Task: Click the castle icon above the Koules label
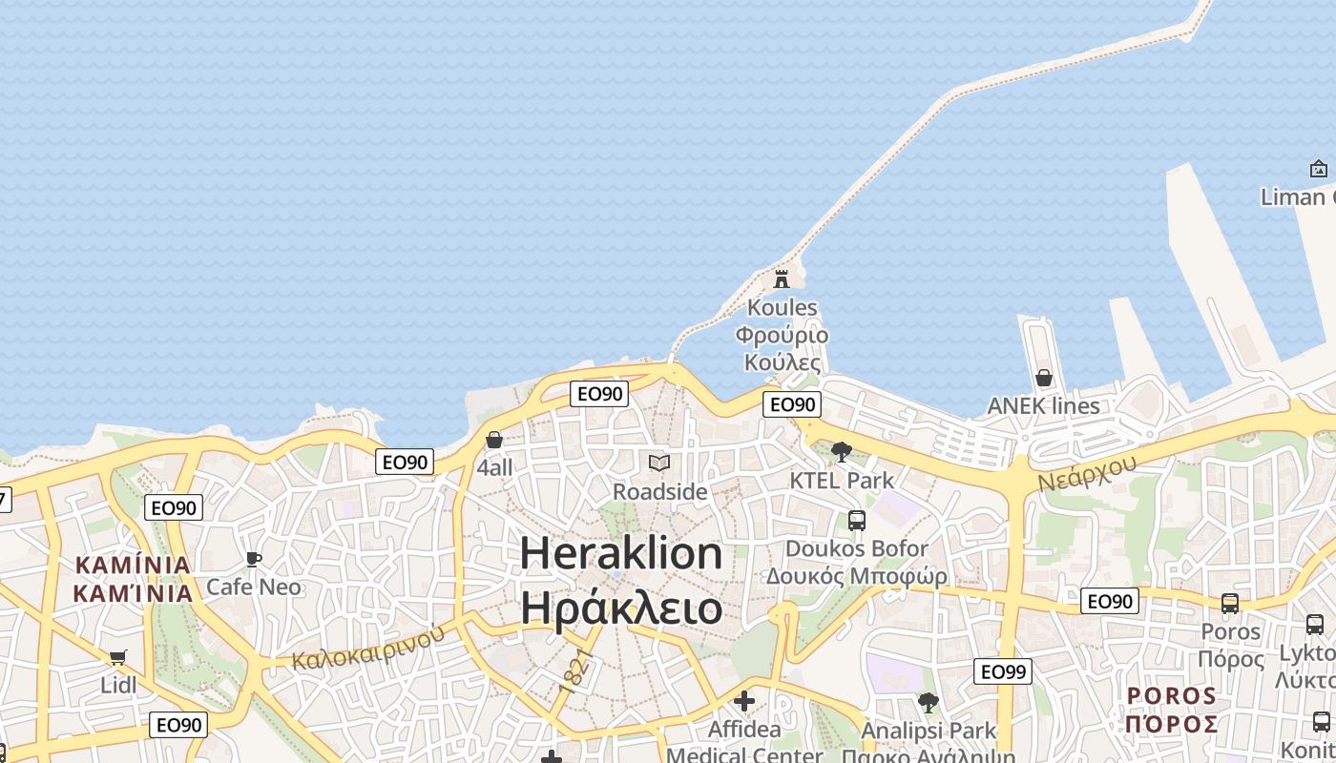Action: [782, 278]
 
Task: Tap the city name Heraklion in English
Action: [621, 554]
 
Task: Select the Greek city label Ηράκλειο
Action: [621, 608]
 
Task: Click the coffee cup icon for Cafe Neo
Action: [253, 559]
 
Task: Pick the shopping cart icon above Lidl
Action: [118, 657]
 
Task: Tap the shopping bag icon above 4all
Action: [494, 440]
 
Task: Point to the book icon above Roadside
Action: [659, 464]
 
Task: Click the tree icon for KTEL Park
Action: [842, 452]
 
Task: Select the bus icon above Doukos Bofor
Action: [857, 521]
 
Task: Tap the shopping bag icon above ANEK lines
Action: [1044, 378]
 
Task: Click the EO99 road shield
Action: [1003, 671]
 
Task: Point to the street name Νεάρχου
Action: [1087, 472]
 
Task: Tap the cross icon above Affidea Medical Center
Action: [744, 702]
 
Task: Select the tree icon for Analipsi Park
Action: [928, 704]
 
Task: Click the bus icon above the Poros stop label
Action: [1230, 604]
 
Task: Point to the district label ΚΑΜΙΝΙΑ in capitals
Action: [133, 565]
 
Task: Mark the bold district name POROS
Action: [1172, 695]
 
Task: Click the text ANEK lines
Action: [1043, 405]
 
